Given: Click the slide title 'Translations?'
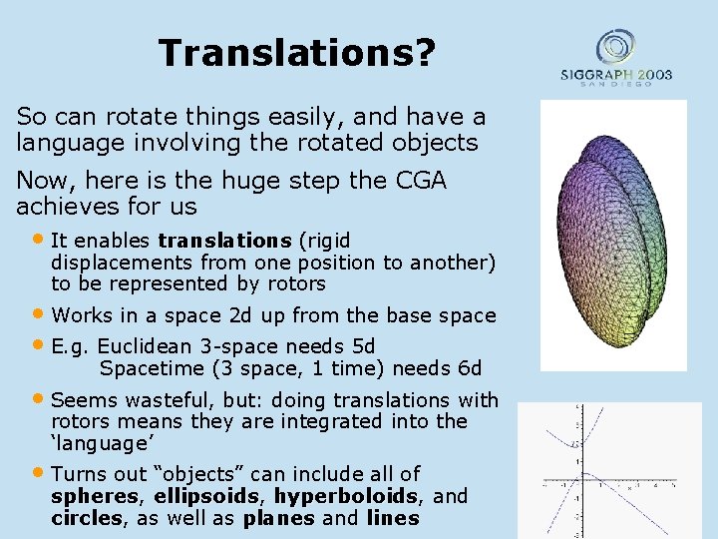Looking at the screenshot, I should point(296,53).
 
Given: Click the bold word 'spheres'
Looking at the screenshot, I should point(97,496).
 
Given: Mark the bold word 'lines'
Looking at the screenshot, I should point(393,518).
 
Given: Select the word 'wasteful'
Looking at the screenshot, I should point(164,400).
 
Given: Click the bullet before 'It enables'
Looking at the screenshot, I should point(39,240).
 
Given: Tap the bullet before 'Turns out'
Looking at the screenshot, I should point(39,472).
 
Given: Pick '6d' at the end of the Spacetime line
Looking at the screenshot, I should point(468,368).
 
